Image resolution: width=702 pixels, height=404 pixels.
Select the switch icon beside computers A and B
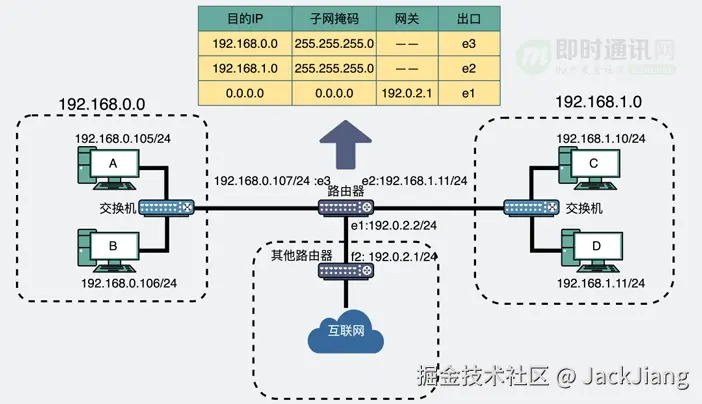coord(165,208)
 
